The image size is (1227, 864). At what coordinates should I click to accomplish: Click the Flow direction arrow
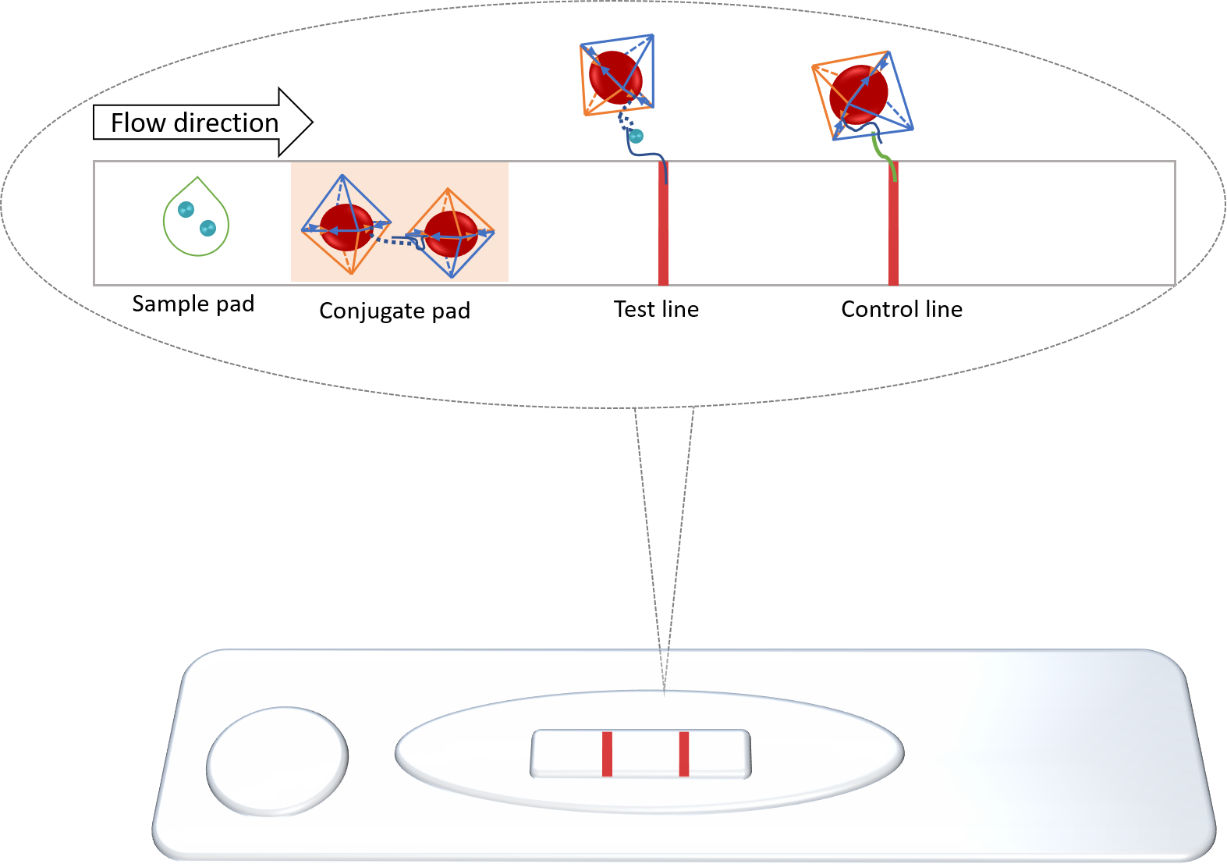[202, 123]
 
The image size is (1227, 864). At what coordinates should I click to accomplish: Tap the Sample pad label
[193, 304]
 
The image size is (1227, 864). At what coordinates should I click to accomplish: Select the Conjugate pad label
[395, 311]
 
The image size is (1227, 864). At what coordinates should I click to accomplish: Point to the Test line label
[656, 309]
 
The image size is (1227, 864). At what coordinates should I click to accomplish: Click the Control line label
[902, 309]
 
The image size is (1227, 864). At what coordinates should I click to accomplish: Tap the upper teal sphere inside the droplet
[186, 209]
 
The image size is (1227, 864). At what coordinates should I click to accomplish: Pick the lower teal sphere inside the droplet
[207, 228]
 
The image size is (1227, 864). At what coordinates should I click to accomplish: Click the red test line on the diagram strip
[663, 234]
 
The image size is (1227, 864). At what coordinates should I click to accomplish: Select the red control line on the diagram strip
[893, 234]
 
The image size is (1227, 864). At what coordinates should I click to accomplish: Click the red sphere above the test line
[615, 76]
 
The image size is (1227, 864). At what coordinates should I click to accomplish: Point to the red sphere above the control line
[858, 94]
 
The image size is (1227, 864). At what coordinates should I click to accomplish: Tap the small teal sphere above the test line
[637, 137]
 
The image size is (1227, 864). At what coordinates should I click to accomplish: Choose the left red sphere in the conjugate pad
[346, 228]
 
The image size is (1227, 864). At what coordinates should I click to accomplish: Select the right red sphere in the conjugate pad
[451, 233]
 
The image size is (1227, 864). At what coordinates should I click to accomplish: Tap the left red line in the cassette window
[607, 754]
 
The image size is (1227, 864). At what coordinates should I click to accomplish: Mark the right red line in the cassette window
[684, 754]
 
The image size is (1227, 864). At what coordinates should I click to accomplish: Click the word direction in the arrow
[226, 123]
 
